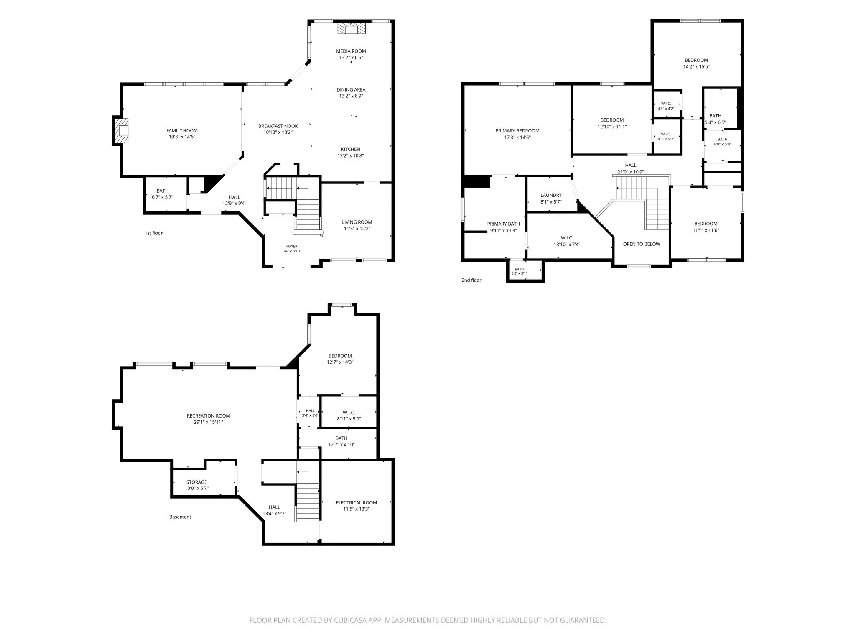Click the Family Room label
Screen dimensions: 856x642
182,130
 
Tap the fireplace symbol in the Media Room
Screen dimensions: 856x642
351,28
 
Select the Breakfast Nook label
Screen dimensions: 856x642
278,126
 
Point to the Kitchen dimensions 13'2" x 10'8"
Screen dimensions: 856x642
350,156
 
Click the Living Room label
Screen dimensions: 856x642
357,222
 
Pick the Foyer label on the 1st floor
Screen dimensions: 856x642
292,246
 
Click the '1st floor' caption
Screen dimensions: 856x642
153,233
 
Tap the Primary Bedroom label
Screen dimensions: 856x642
517,131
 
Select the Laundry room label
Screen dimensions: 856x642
551,195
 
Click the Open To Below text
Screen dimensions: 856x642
642,244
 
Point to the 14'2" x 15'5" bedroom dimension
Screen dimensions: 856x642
696,66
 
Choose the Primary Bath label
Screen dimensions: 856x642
504,224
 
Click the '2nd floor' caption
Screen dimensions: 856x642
471,280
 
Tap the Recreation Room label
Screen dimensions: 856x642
208,416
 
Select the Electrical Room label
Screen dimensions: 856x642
357,503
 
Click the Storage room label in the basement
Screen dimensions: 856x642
196,482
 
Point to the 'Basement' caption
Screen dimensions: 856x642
180,517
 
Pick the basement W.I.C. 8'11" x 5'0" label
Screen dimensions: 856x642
349,415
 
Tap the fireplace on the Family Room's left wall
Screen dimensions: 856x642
120,131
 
